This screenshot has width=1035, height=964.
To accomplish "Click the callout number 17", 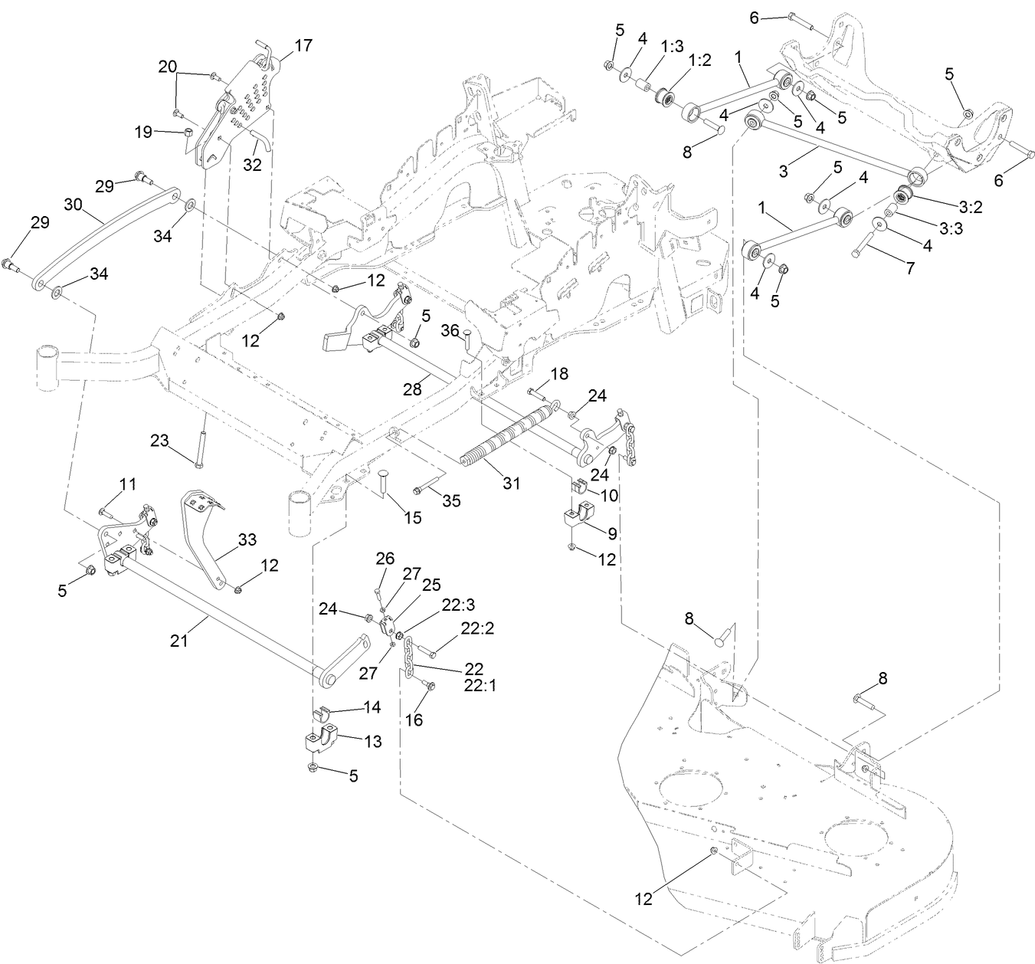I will coord(303,45).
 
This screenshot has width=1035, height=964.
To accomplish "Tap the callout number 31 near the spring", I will coord(511,484).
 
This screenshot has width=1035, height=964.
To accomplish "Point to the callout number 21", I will coord(179,641).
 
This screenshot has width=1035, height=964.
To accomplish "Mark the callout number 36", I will coord(450,330).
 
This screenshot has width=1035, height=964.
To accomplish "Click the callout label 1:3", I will coord(672,47).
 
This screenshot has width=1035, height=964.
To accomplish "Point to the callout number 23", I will coord(159,441).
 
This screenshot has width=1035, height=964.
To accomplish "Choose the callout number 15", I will coord(412,518).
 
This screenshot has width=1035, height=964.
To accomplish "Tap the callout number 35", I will coord(452,501).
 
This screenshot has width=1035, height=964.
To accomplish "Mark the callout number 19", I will coord(144,131).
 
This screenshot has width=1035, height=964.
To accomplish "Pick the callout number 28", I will coord(413,389).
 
